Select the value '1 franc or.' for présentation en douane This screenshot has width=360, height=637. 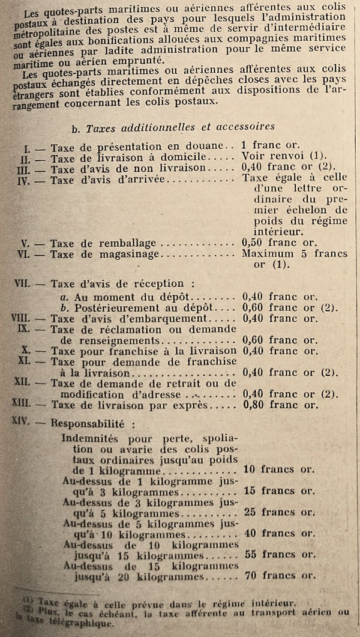[269, 146]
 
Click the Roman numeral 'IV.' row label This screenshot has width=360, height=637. [26, 180]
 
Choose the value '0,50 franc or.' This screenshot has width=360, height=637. [279, 243]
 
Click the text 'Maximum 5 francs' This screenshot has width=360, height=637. [294, 254]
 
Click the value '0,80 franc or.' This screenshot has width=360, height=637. [279, 405]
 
